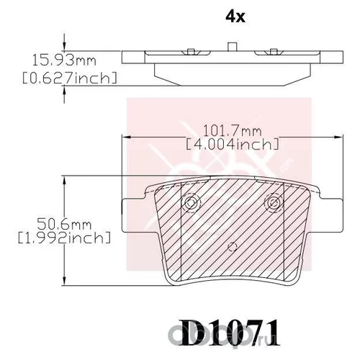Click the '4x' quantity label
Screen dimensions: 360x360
(235, 17)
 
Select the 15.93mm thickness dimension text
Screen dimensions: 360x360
(64, 60)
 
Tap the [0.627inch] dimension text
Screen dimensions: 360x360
(70, 78)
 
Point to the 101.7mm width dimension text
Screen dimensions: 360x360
(233, 131)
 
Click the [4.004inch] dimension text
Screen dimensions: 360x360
(233, 144)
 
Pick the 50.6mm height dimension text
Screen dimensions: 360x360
(64, 225)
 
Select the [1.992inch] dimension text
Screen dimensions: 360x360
(64, 238)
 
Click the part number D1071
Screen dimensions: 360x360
(230, 333)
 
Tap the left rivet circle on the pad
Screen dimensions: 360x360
(191, 203)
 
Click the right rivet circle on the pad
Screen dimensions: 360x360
(274, 202)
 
